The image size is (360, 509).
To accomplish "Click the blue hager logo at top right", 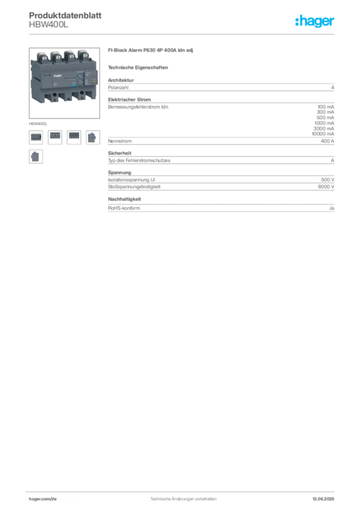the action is pos(316,21).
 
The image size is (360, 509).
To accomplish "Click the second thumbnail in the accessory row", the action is pos(55,135).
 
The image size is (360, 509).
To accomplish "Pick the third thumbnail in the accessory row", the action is pos(74,135).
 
